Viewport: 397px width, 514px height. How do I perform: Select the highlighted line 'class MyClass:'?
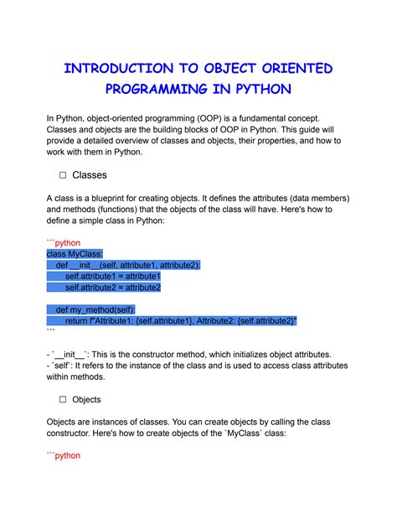click(x=75, y=253)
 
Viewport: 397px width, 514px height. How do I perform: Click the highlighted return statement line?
click(x=180, y=320)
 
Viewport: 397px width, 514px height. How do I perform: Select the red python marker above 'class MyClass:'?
click(x=63, y=242)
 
